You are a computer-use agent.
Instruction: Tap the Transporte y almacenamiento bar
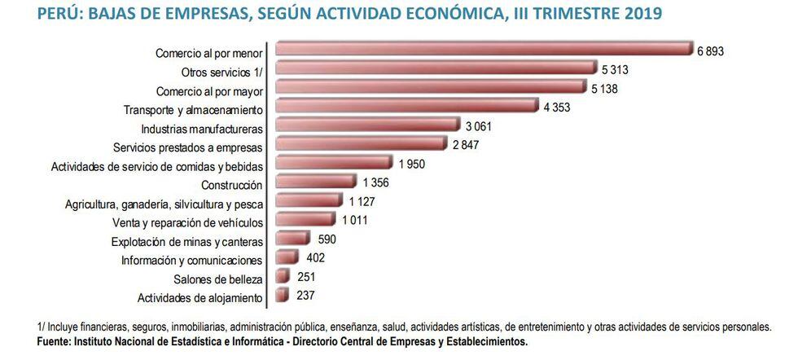click(407, 107)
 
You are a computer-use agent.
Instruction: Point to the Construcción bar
click(316, 182)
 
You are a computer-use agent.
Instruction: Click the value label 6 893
click(710, 50)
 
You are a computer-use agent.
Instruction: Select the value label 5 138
click(603, 88)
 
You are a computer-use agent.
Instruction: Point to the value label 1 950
click(412, 164)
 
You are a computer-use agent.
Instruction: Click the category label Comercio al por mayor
click(209, 90)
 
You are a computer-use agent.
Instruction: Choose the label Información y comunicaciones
click(191, 261)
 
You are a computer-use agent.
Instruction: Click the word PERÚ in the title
click(57, 14)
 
